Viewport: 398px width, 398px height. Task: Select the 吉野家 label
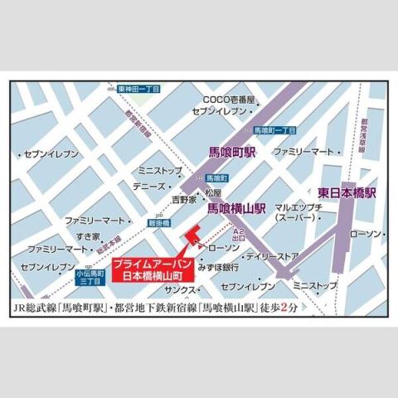[183, 199]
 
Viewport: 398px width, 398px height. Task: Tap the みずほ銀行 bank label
[219, 267]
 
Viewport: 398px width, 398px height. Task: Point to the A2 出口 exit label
[238, 234]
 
